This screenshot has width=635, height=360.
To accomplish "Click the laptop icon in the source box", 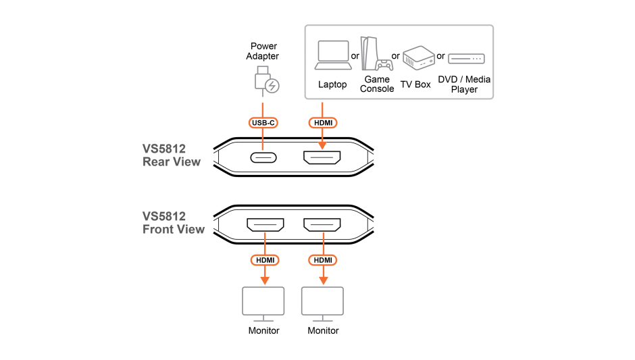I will (333, 55).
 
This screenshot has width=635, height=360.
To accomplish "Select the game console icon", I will (367, 53).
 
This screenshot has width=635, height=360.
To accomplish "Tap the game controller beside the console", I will (385, 65).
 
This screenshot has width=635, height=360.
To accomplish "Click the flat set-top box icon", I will (466, 59).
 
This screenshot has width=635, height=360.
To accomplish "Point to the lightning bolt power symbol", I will (272, 86).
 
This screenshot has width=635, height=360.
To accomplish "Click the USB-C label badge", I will (263, 123).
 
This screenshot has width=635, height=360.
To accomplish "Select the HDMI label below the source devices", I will (322, 123).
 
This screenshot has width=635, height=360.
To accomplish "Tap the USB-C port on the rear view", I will (263, 157).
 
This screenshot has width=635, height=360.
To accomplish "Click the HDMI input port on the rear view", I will (322, 157).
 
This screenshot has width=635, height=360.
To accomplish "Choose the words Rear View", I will (172, 162).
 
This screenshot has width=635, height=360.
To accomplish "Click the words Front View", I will (174, 230).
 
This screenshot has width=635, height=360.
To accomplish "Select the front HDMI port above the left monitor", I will (265, 224).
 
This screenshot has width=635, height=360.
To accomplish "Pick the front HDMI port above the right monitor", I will (322, 224).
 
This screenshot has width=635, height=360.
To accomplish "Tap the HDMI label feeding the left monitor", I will (265, 260).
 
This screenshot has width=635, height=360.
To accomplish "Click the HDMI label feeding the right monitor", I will (323, 260).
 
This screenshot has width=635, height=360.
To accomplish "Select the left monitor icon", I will (263, 303).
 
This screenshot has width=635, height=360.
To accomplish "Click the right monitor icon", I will (322, 303).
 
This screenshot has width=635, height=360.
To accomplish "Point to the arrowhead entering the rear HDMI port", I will (322, 145).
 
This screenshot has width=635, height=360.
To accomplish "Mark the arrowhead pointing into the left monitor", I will (265, 280).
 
